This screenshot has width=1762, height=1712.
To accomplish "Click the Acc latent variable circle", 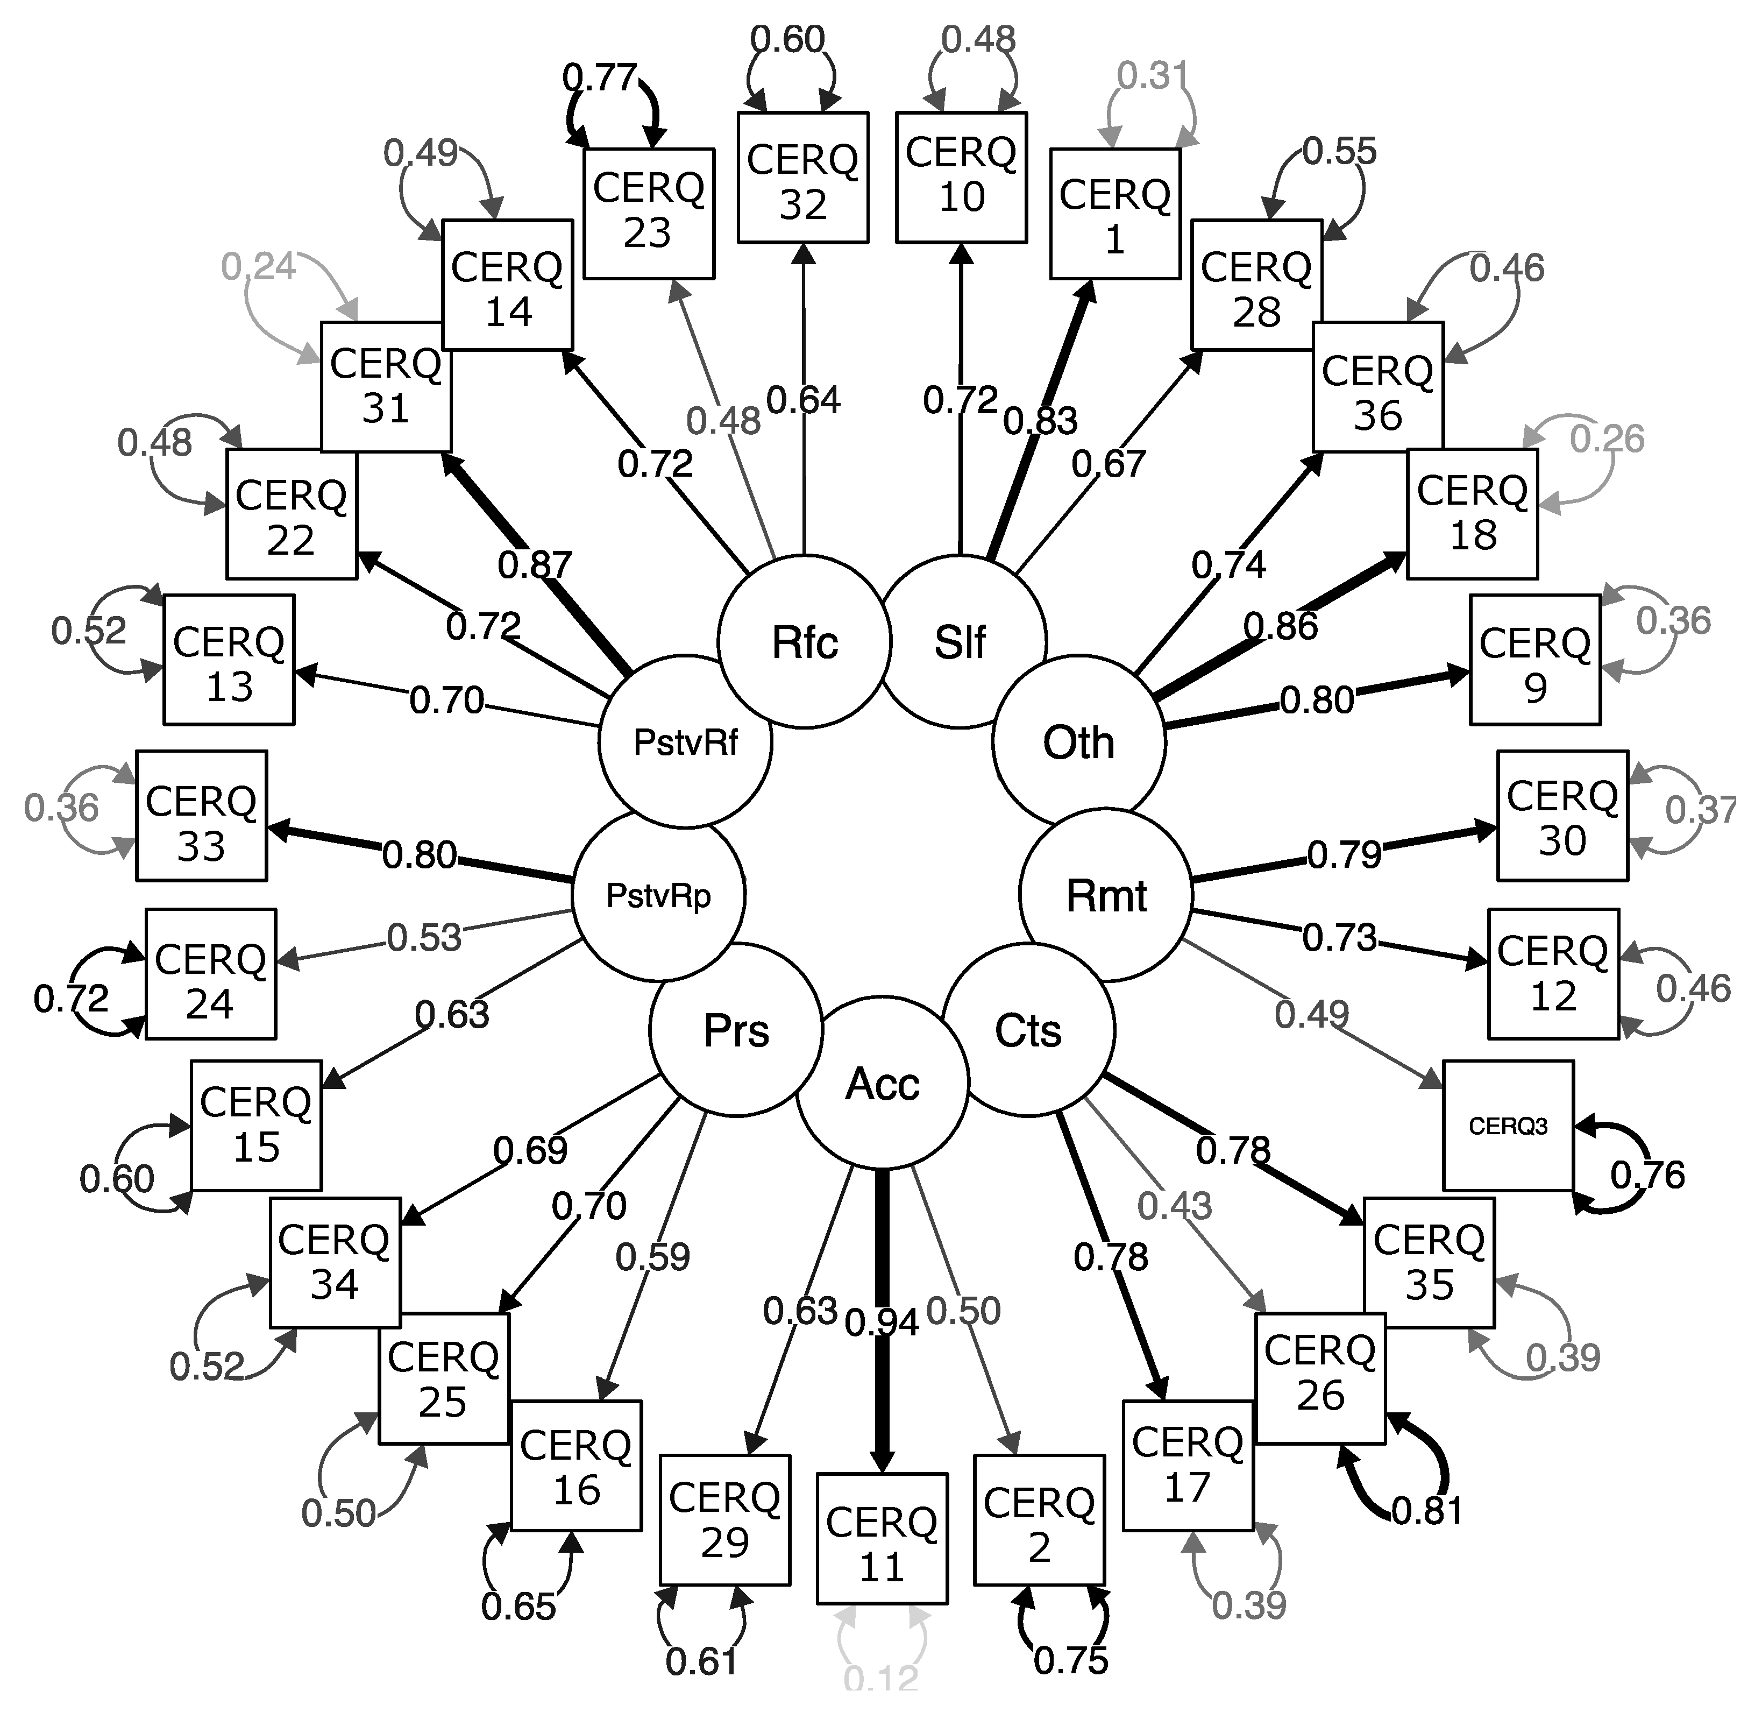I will pos(883,1084).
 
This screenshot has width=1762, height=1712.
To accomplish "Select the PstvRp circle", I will pos(659,896).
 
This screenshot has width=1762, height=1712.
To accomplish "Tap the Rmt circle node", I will pos(1106,896).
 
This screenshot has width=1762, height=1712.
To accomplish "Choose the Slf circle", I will pos(960,642).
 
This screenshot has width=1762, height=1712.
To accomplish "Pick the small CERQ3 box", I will pos(1508,1126).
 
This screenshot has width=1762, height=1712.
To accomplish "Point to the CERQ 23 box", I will pos(648,213).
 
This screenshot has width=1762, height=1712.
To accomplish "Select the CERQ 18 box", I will pos(1472,513).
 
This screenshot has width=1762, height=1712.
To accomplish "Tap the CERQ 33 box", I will pos(201,816).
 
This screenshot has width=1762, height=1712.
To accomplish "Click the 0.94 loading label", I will pos(882,1322).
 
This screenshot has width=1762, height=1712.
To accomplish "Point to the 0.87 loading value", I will pos(535,565).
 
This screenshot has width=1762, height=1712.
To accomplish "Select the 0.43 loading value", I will pos(1174,1206).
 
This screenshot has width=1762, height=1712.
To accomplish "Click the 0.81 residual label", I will pos(1427,1511).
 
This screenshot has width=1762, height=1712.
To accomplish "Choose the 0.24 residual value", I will pos(258,266).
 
